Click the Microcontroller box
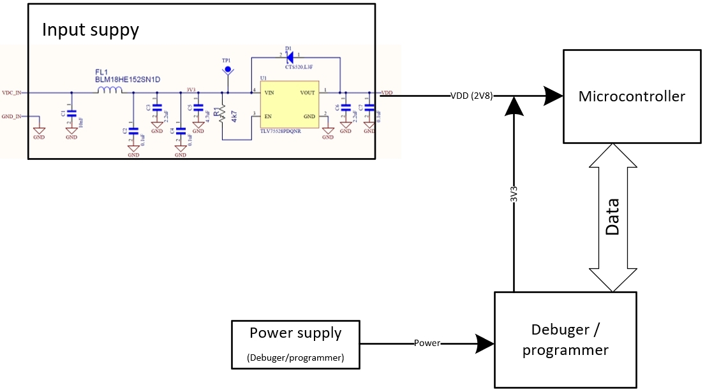(x=631, y=96)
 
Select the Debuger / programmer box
(x=565, y=339)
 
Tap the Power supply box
(x=295, y=344)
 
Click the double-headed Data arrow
(x=612, y=217)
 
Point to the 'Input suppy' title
(x=90, y=30)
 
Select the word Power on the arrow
(x=427, y=343)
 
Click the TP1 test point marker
(x=226, y=67)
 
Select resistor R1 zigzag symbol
(x=222, y=115)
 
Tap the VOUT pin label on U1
(x=308, y=93)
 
